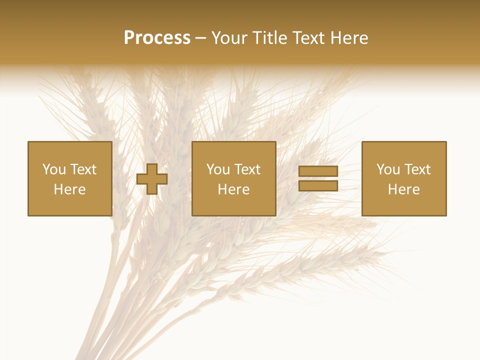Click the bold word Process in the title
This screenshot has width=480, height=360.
[x=157, y=38]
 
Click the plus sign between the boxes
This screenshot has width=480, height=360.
[x=152, y=179]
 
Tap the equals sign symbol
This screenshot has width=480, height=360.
[x=318, y=178]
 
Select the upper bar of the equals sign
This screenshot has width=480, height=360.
[x=318, y=171]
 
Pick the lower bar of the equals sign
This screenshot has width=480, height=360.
[x=318, y=186]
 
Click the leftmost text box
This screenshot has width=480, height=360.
[x=69, y=178]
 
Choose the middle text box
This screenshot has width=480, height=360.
[x=233, y=178]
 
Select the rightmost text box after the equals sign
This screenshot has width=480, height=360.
[x=403, y=178]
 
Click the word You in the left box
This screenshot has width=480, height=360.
[x=53, y=169]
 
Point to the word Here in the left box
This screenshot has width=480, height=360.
[x=69, y=189]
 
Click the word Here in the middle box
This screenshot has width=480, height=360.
[x=233, y=189]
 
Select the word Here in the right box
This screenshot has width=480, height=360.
[x=403, y=189]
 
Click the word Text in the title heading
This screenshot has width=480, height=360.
[x=308, y=38]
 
